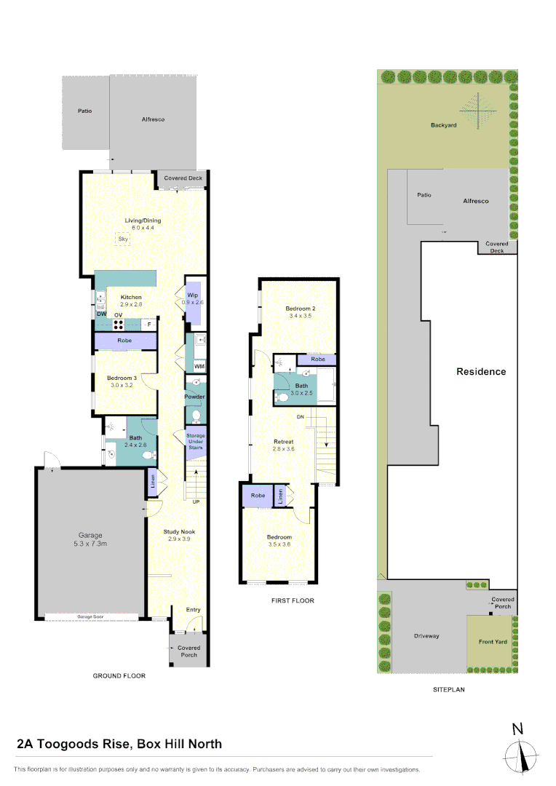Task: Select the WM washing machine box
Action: coord(199,366)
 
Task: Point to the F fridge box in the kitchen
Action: coord(148,324)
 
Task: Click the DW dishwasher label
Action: coord(102,314)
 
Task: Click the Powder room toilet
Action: coord(196,415)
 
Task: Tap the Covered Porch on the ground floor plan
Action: coord(188,651)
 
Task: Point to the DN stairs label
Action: coord(300,417)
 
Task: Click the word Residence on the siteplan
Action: coord(480,371)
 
